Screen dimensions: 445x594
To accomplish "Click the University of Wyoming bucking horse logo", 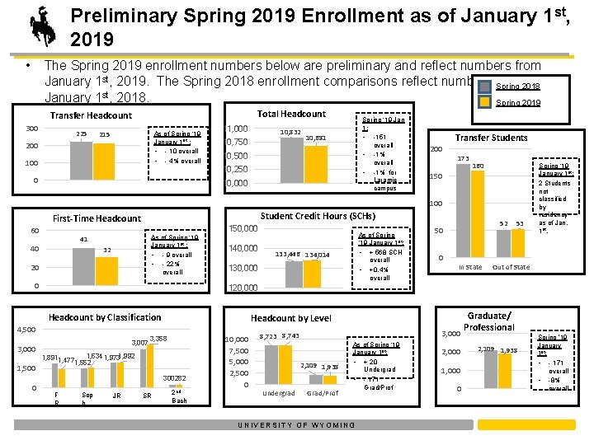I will pyautogui.click(x=41, y=25).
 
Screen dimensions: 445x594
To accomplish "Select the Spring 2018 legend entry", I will pyautogui.click(x=517, y=87).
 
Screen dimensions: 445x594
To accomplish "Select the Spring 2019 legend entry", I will pyautogui.click(x=517, y=103).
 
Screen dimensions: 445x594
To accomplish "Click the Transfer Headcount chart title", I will pyautogui.click(x=91, y=116).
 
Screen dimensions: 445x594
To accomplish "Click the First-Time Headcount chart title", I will pyautogui.click(x=97, y=218).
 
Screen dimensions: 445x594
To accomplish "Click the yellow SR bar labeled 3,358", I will pyautogui.click(x=158, y=366).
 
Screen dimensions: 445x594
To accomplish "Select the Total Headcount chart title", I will pyautogui.click(x=291, y=114).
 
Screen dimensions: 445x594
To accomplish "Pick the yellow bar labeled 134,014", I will pyautogui.click(x=318, y=274).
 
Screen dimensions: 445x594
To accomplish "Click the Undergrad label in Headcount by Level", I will pyautogui.click(x=278, y=393).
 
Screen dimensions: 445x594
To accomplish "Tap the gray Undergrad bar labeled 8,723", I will pyautogui.click(x=268, y=363).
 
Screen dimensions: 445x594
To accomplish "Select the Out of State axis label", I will pyautogui.click(x=511, y=267).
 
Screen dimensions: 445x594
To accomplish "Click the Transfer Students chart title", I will pyautogui.click(x=491, y=138).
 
